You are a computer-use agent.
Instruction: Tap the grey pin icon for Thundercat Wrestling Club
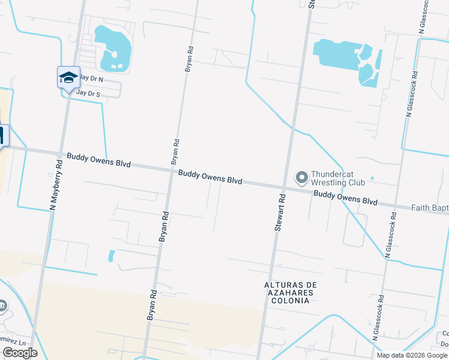click(301, 177)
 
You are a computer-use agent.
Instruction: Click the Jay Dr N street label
click(91, 79)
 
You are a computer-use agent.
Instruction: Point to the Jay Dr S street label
click(88, 94)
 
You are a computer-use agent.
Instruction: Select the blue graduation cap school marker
click(68, 77)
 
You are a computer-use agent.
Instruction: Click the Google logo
click(19, 353)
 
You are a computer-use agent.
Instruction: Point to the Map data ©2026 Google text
click(412, 355)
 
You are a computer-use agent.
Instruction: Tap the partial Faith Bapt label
click(429, 208)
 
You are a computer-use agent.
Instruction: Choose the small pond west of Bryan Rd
click(111, 256)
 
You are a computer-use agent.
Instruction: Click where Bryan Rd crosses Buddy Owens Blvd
click(171, 170)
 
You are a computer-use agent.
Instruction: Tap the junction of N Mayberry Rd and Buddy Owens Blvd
click(61, 154)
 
